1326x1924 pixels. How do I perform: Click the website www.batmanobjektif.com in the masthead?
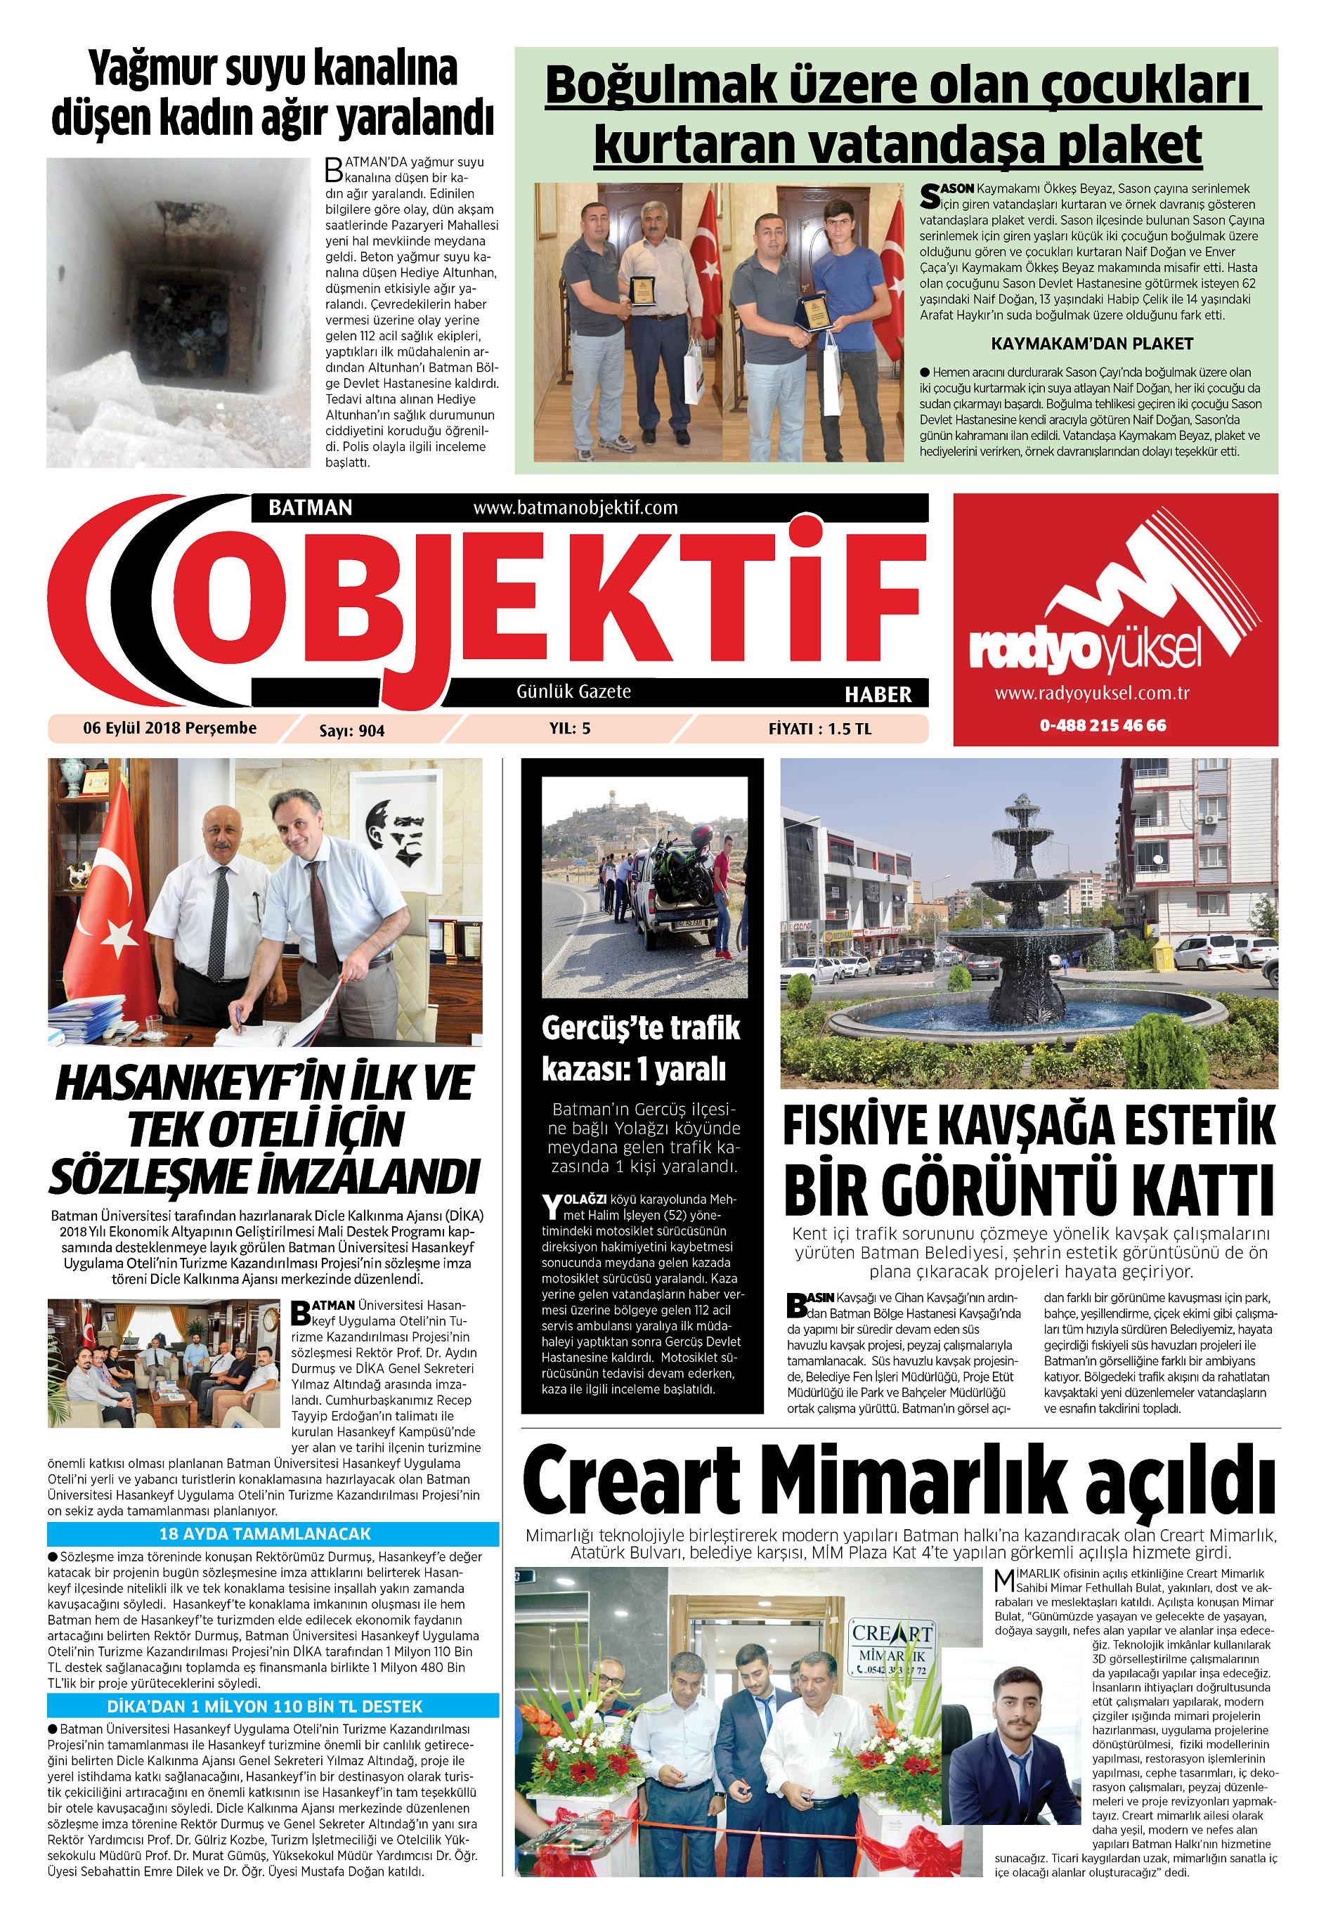click(x=575, y=507)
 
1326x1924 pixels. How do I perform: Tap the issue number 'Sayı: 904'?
click(x=352, y=731)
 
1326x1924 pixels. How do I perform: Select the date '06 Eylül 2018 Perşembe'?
click(x=169, y=729)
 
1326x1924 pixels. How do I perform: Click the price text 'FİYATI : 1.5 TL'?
click(x=819, y=729)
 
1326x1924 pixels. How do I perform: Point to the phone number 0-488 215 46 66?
click(x=1103, y=725)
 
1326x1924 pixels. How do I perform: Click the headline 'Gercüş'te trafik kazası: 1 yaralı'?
click(x=641, y=1049)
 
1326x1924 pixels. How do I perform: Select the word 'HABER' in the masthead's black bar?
click(x=878, y=694)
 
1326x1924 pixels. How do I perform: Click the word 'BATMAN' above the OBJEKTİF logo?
click(x=311, y=507)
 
